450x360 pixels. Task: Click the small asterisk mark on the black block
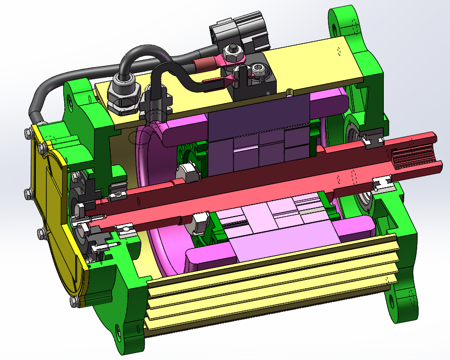(269, 93)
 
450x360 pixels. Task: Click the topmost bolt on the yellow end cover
(27, 132)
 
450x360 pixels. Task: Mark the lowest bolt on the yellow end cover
(75, 300)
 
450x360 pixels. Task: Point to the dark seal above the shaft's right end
(373, 141)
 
